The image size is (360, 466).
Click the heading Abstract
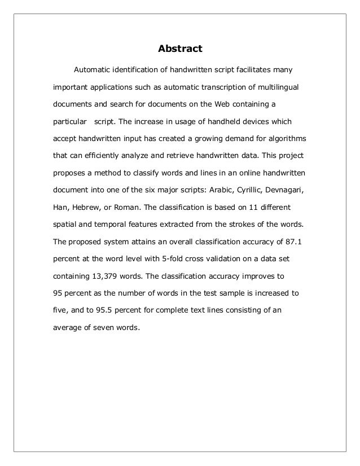(179, 49)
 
